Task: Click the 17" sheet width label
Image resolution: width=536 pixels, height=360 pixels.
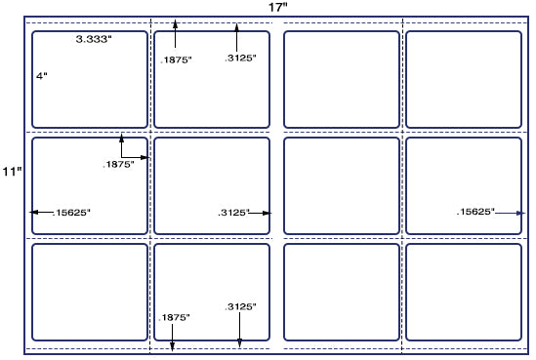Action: point(277,7)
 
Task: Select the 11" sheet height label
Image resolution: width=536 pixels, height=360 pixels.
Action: point(13,171)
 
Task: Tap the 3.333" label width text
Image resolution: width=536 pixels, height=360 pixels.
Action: point(94,39)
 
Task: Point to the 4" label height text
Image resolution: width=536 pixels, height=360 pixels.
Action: point(42,75)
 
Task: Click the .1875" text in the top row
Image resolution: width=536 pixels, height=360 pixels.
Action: point(176,60)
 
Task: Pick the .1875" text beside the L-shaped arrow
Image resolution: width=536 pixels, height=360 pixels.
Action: point(118,164)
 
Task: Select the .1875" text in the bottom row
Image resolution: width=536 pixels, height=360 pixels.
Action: point(174,317)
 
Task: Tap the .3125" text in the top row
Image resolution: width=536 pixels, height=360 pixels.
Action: point(240,59)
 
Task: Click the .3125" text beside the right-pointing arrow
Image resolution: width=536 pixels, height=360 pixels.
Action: point(233,213)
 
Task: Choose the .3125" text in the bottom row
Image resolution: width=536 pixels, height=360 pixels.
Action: point(240,306)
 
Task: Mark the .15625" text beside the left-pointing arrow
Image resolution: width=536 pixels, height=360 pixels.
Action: point(71,213)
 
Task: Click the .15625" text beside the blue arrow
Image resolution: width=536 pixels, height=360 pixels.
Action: point(475,212)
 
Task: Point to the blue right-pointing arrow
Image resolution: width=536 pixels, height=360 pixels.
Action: point(510,213)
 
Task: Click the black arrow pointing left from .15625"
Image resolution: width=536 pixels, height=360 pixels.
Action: point(41,212)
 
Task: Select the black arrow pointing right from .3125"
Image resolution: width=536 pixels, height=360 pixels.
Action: point(260,213)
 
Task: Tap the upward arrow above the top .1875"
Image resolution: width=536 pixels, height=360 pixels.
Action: point(175,33)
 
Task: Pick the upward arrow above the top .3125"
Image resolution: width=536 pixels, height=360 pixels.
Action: point(236,38)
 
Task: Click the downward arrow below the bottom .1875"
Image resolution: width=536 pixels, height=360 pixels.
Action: point(172,338)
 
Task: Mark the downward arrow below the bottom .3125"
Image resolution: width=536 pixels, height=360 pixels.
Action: point(239,330)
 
